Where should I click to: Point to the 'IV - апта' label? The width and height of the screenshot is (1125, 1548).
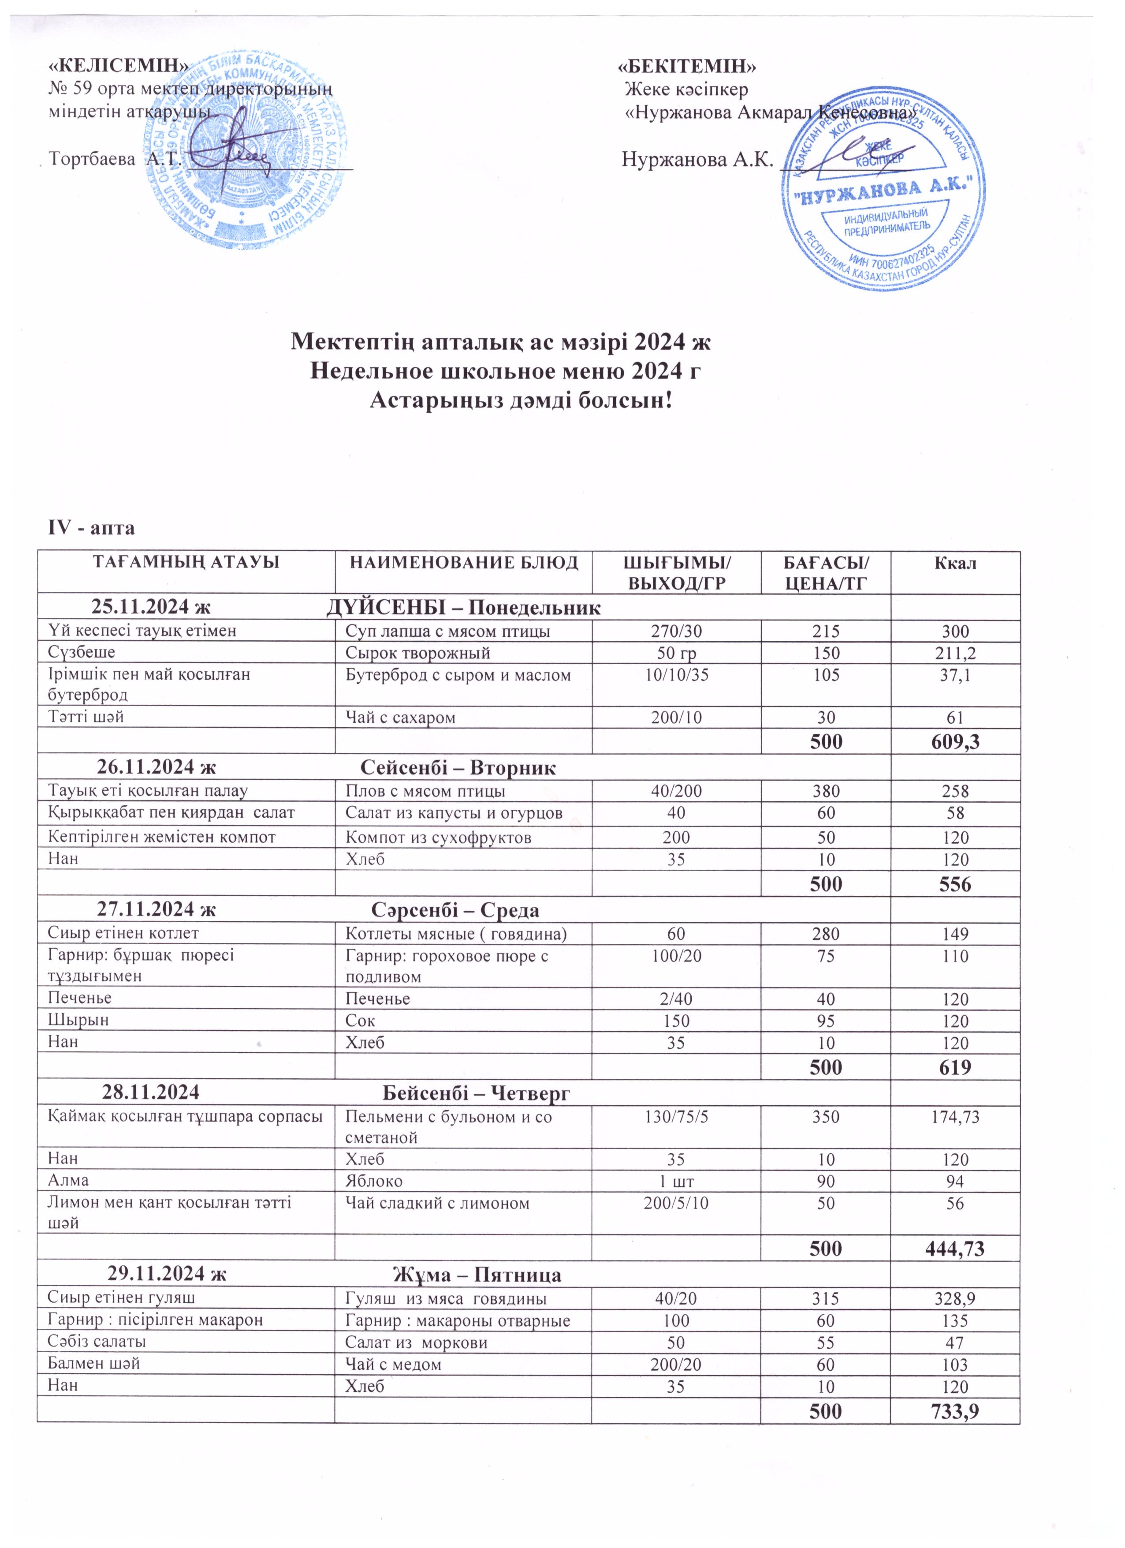coord(90,528)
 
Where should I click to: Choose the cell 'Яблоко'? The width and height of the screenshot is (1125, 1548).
coord(375,1180)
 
